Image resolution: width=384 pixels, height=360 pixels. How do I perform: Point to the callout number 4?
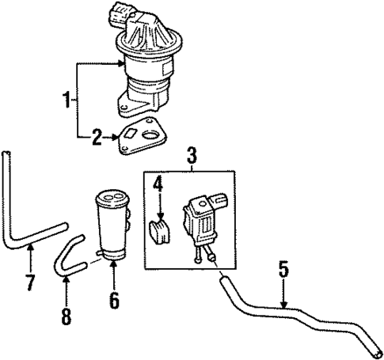[x=157, y=186]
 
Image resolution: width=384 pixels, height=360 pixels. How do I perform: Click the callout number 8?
[x=67, y=316]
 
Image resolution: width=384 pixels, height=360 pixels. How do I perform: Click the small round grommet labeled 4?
[x=158, y=233]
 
